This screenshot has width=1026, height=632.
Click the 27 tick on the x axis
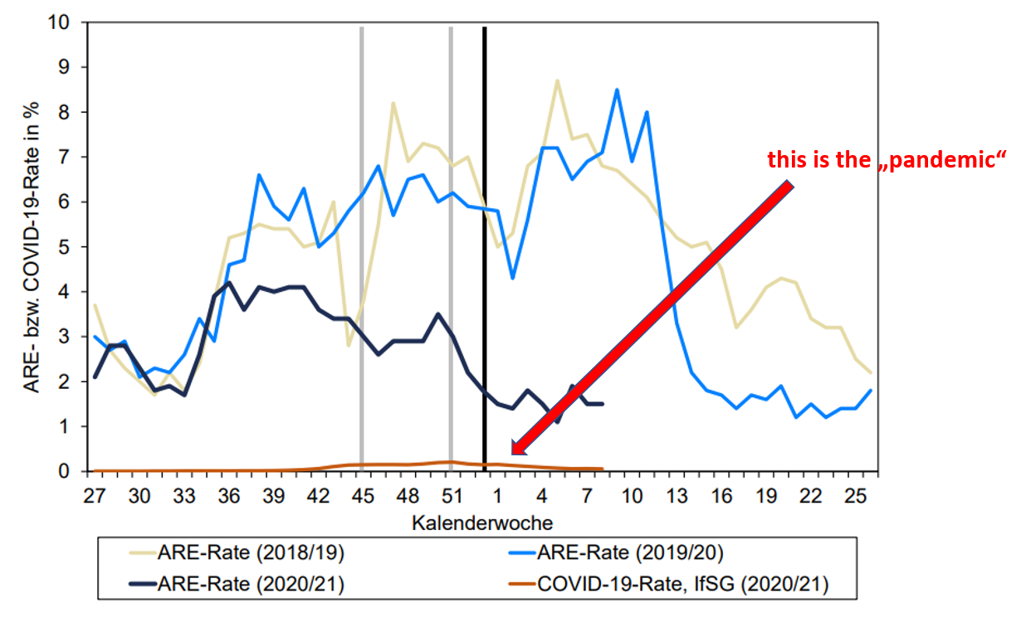[x=95, y=495]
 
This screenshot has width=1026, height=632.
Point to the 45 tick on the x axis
[x=362, y=495]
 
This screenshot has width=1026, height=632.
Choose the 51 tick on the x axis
[x=451, y=495]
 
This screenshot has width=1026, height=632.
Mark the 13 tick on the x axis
[x=677, y=495]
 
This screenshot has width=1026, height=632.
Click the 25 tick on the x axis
[x=856, y=495]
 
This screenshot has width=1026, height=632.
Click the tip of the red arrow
[x=513, y=453]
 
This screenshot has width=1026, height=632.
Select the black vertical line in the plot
[x=484, y=249]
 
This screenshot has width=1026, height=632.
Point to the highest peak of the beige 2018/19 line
[x=557, y=80]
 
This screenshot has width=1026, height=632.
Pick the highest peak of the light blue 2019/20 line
[x=617, y=90]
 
